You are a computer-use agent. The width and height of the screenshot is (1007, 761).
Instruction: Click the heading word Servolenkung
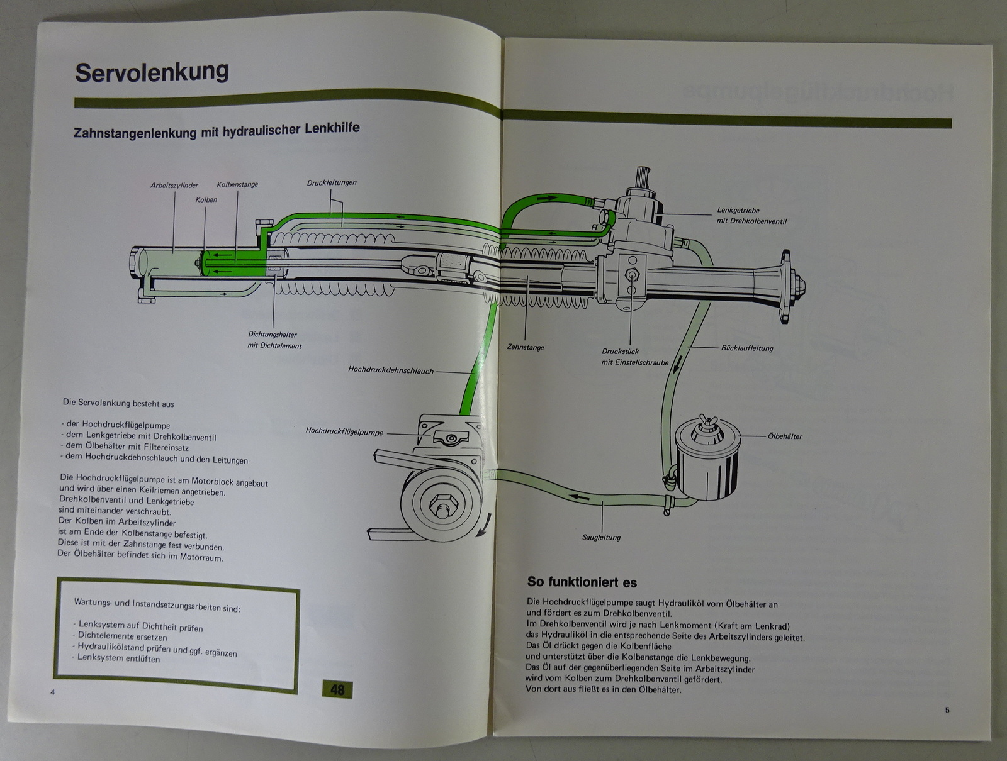click(152, 72)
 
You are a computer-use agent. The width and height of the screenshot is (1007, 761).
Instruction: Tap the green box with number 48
click(337, 690)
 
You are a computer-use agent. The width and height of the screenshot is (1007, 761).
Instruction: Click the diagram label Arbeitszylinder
click(174, 185)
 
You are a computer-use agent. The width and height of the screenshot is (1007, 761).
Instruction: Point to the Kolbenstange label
click(237, 184)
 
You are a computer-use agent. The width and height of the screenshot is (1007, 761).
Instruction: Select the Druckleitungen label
click(332, 182)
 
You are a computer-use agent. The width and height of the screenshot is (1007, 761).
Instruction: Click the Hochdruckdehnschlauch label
click(391, 370)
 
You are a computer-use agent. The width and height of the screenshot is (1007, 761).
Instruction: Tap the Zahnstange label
click(526, 347)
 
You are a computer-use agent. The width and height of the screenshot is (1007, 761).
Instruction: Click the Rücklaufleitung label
click(747, 348)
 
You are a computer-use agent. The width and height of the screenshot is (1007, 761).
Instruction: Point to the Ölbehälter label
click(785, 436)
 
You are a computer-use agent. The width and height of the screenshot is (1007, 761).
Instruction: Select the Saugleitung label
click(601, 537)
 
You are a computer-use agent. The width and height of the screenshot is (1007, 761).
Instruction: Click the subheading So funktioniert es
click(582, 582)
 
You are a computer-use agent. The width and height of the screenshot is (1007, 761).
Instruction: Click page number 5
click(947, 710)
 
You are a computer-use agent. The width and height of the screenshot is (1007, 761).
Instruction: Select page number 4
click(52, 692)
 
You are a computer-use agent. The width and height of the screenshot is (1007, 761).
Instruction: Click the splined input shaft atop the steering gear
click(643, 178)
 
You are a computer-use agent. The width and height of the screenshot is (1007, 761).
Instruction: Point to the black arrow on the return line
click(677, 364)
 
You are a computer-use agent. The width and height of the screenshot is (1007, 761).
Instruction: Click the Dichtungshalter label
click(273, 335)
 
